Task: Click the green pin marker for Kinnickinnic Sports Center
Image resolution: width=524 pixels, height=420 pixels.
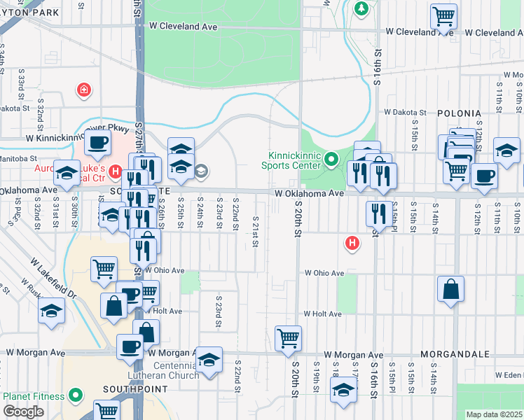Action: point(333,161)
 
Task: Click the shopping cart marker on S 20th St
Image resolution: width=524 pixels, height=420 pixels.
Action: point(288,339)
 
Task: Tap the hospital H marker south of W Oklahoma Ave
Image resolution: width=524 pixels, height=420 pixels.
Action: point(352,243)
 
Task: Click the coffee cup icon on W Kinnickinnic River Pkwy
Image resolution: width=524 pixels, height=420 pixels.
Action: point(97,143)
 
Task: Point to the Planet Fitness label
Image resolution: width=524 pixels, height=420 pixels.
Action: point(34,396)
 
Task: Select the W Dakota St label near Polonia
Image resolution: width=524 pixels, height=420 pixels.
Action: point(405,112)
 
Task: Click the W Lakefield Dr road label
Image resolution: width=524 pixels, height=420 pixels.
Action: point(52,274)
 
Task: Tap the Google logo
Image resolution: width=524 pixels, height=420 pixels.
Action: point(23,412)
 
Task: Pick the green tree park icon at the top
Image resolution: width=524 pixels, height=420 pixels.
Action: point(361,8)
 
